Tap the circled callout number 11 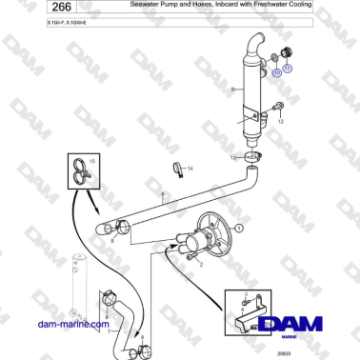pyautogui.click(x=287, y=69)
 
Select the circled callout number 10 pyautogui.click(x=276, y=71)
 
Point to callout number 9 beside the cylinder pyautogui.click(x=231, y=89)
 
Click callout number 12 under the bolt pyautogui.click(x=281, y=121)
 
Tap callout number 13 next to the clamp pyautogui.click(x=233, y=156)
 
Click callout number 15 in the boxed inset pyautogui.click(x=92, y=162)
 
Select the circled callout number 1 pyautogui.click(x=240, y=229)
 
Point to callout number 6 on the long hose pyautogui.click(x=163, y=195)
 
